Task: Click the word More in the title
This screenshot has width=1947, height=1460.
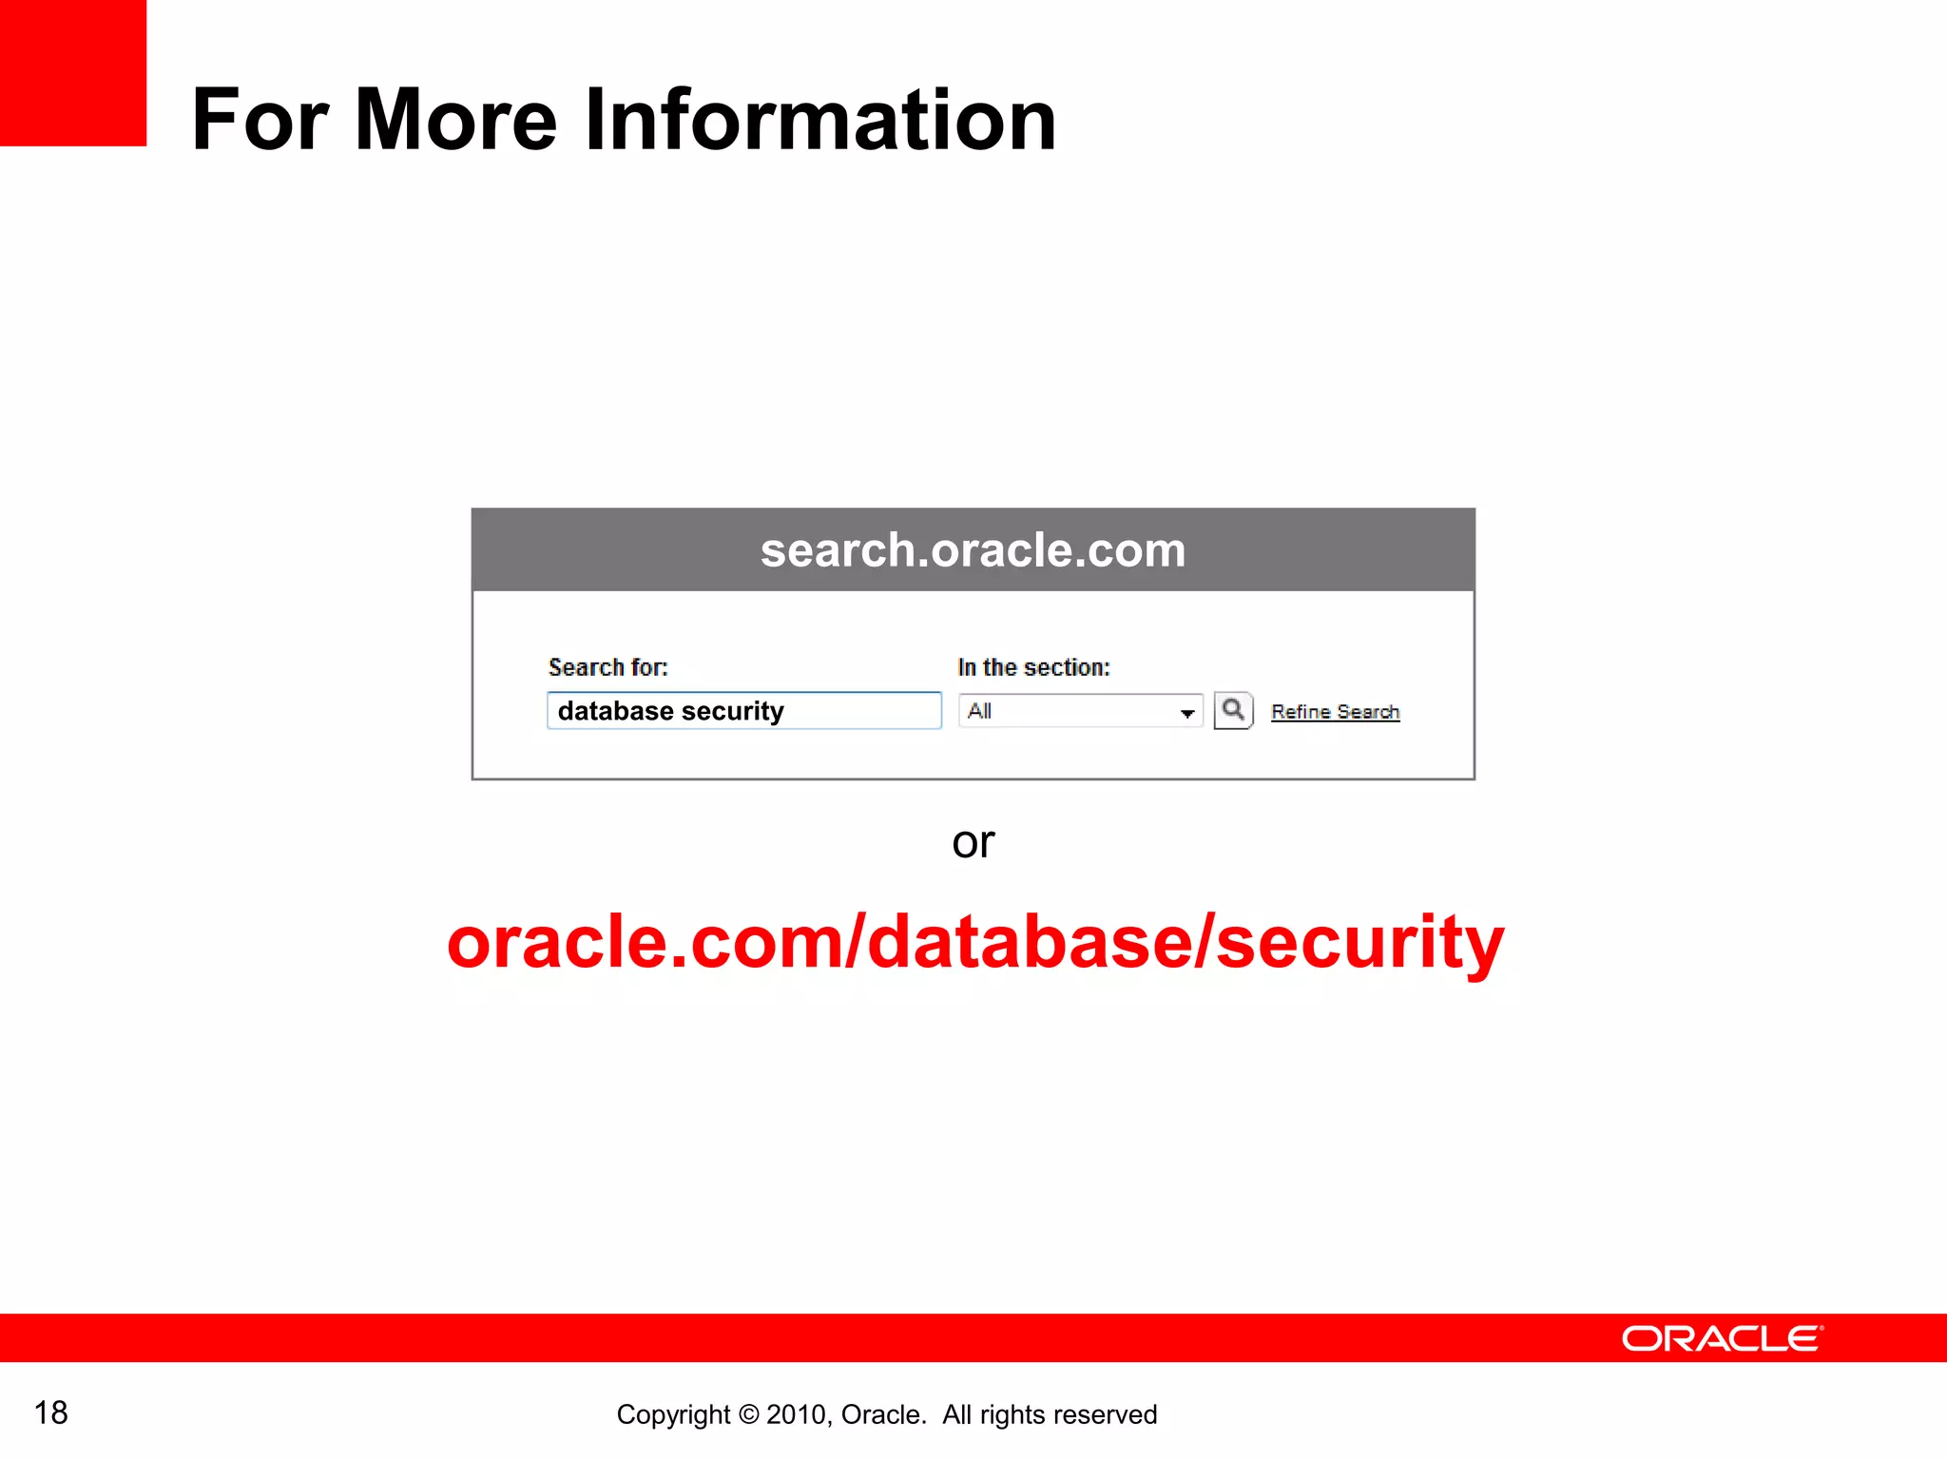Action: click(x=455, y=120)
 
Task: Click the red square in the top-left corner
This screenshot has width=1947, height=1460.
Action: click(x=73, y=73)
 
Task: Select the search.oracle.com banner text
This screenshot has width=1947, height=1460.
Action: click(x=973, y=550)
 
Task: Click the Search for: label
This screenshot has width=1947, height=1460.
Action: click(x=608, y=667)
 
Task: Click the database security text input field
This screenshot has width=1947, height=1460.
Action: click(x=743, y=711)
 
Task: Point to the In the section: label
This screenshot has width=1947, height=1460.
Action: click(x=1033, y=667)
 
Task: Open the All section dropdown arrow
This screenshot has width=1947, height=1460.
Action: click(x=1187, y=713)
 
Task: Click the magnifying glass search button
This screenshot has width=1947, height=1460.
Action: click(x=1233, y=711)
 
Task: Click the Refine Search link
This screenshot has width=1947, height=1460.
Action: click(x=1335, y=712)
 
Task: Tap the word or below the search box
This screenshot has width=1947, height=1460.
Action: click(x=973, y=842)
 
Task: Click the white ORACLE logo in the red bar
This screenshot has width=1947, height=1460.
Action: click(x=1722, y=1338)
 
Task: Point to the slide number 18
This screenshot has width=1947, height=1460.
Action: click(x=51, y=1412)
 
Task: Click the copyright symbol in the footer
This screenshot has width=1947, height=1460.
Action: click(x=748, y=1415)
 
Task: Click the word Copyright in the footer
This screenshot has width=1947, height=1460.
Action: click(x=673, y=1415)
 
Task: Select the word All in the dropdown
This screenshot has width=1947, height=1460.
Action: click(x=979, y=711)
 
